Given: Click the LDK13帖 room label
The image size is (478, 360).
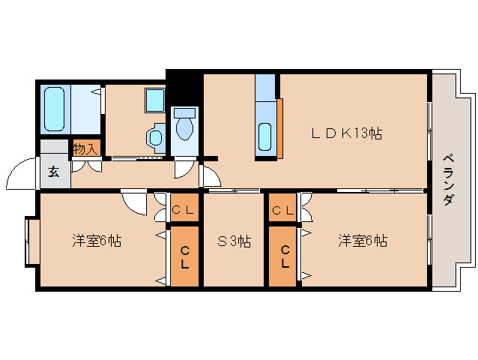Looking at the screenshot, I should click(347, 134).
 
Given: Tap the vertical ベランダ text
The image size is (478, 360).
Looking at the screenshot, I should click(447, 180).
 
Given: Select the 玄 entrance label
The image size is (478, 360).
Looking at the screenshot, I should click(54, 171).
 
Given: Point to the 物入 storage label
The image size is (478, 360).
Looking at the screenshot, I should click(85, 148).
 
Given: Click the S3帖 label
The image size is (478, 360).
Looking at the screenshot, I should click(233, 241).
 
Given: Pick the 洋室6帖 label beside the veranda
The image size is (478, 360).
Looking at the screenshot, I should click(362, 241).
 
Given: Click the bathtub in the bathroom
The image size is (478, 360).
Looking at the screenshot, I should click(55, 109).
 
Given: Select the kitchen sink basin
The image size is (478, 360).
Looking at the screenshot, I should click(266, 136).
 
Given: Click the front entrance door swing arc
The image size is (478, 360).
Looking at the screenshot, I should click(20, 175).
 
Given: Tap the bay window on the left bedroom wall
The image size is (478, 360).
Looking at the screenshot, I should click(31, 241).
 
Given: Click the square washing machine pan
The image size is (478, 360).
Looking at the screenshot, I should click(154, 100).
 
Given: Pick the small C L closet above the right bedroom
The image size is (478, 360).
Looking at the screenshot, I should click(282, 210).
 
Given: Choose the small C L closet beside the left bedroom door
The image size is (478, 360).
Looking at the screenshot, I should click(184, 210).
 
